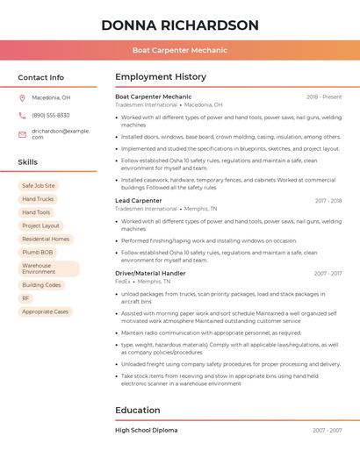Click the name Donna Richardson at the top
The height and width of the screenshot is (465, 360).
tap(179, 25)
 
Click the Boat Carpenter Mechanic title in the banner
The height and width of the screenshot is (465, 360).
tap(179, 50)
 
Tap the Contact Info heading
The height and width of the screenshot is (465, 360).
tap(41, 77)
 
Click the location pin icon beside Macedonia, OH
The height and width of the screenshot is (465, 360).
tap(22, 97)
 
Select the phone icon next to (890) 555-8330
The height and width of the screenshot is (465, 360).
tap(22, 115)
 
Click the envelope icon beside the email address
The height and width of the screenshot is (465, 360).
tap(22, 134)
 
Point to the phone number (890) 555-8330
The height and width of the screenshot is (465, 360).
tap(50, 115)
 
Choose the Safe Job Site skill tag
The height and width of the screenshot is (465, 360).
tap(39, 186)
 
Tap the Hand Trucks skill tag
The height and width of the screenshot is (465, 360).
tap(38, 199)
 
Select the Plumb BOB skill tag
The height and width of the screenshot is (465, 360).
tap(38, 252)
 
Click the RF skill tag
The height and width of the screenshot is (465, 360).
tap(26, 298)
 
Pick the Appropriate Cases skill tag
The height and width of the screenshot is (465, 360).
tap(45, 311)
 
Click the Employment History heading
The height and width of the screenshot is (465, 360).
tap(161, 77)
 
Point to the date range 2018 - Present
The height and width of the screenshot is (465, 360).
tap(324, 97)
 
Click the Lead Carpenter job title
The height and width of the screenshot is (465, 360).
tap(139, 200)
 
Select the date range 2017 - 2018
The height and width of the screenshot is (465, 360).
tap(328, 200)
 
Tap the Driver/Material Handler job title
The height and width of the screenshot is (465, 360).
tap(150, 273)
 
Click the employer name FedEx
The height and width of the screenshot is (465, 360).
tap(123, 282)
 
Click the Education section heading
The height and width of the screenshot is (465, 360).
tap(138, 410)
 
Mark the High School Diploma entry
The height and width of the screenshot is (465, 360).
tap(146, 430)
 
